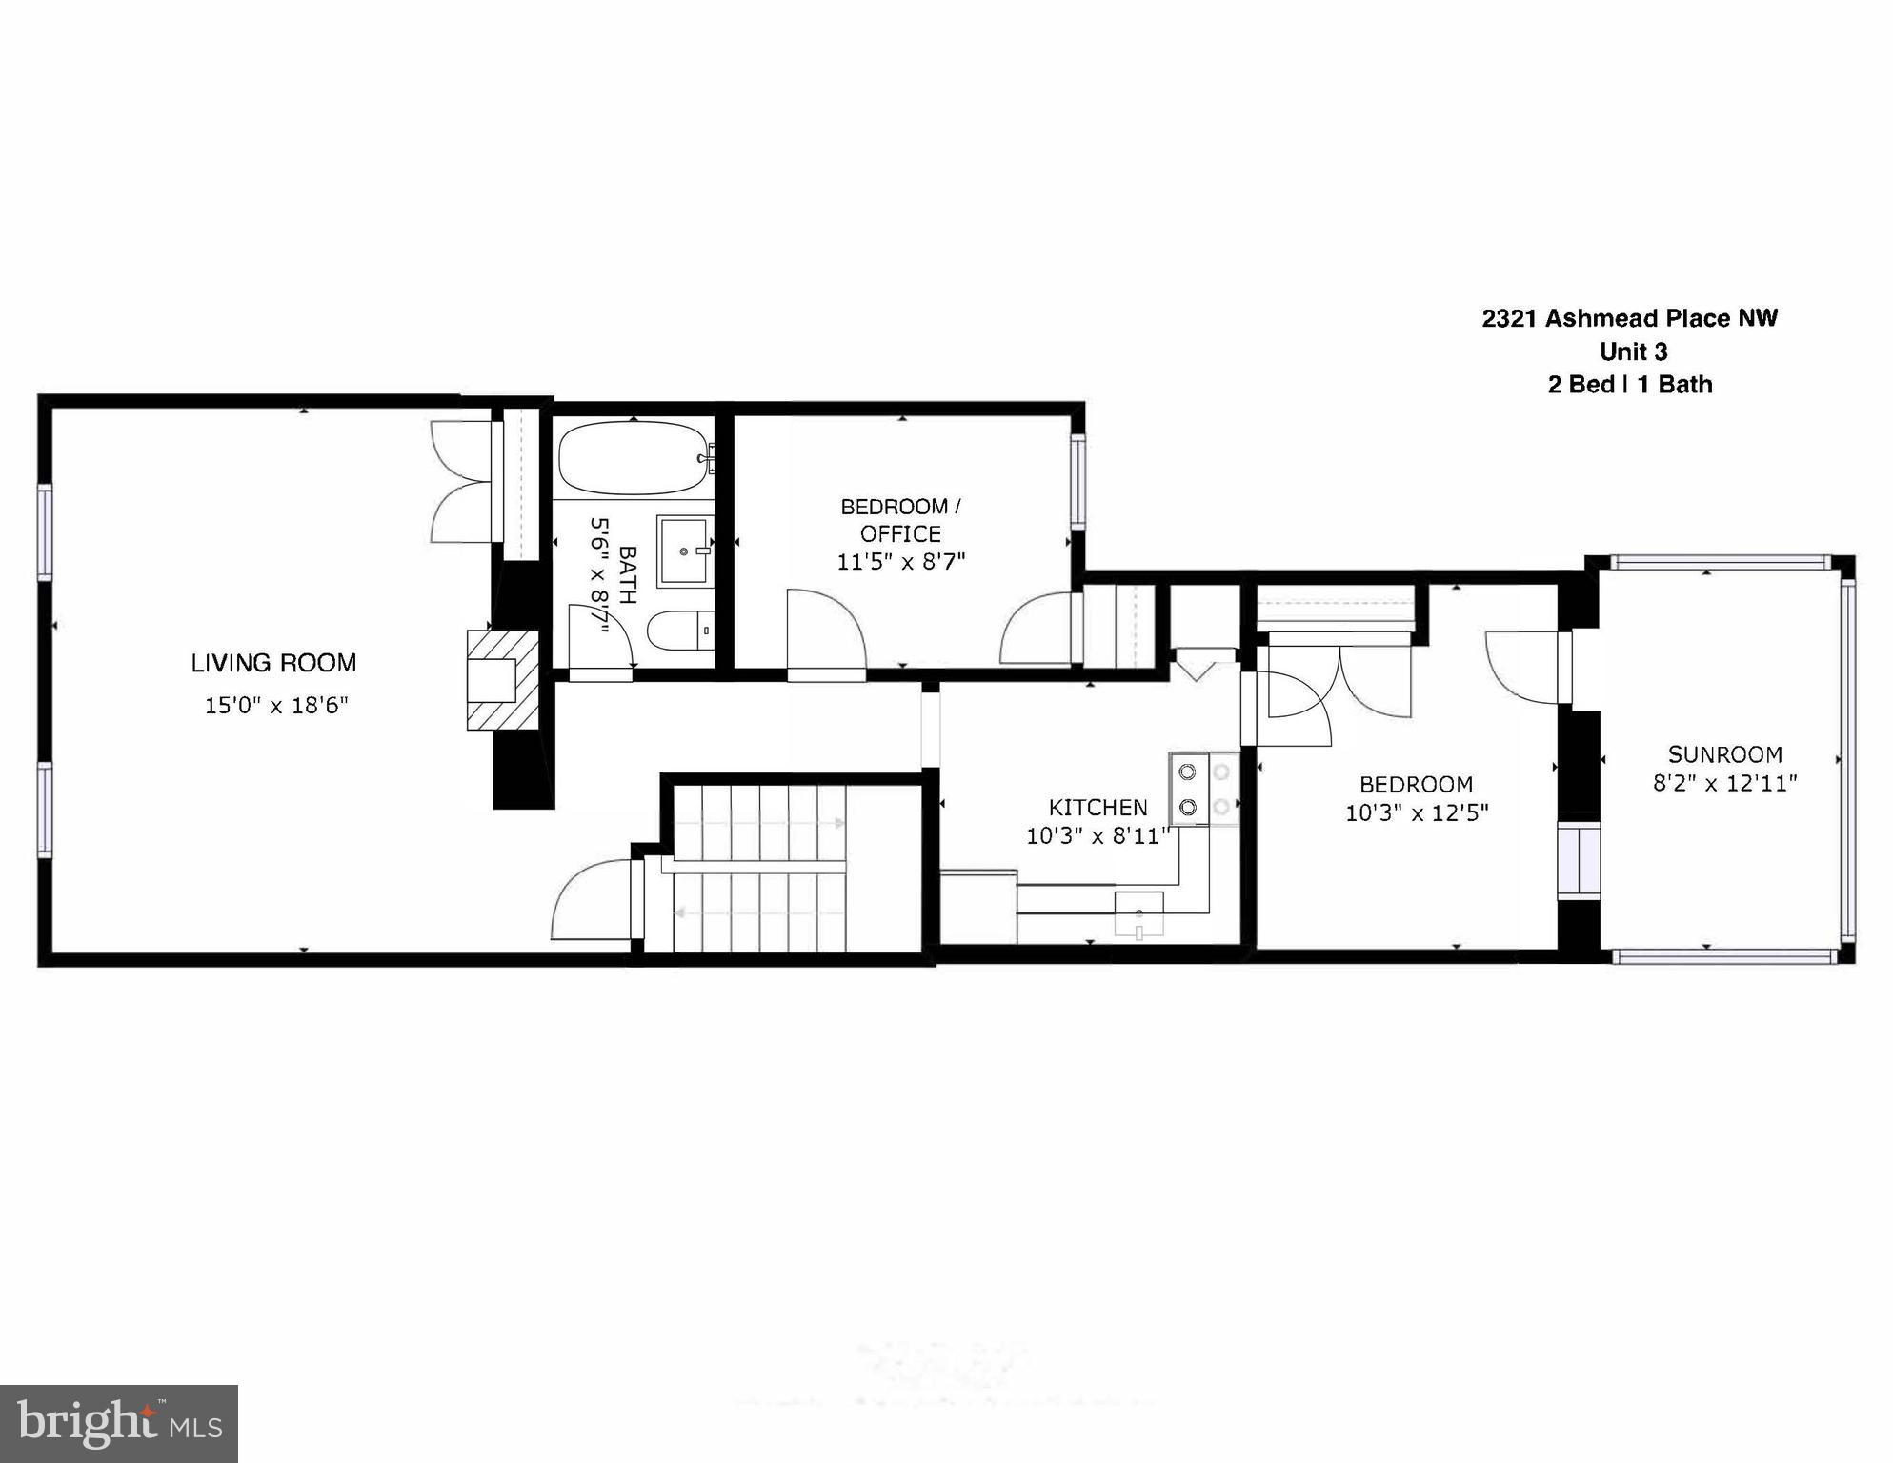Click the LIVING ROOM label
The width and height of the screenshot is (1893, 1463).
coord(273,663)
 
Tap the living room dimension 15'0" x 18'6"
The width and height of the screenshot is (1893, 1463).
coord(276,706)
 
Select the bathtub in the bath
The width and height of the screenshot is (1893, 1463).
coord(633,458)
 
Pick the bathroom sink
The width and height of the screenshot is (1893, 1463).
coord(684,551)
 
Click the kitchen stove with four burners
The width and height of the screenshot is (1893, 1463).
coord(1204,789)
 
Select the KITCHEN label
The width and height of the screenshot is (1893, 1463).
coord(1098,808)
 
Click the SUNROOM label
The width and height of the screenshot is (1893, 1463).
coord(1724,754)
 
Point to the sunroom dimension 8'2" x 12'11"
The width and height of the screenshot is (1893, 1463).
coord(1724,783)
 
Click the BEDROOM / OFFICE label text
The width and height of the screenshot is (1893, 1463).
coord(900,520)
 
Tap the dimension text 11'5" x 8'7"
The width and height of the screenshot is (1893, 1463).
coord(900,562)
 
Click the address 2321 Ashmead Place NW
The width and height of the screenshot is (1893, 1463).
coord(1629,318)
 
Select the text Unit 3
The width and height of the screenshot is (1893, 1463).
coord(1633,351)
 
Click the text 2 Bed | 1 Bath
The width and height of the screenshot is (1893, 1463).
coord(1629,385)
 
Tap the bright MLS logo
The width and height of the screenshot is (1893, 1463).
coord(119,1423)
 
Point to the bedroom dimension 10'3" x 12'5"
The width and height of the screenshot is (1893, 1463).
coord(1416,813)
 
